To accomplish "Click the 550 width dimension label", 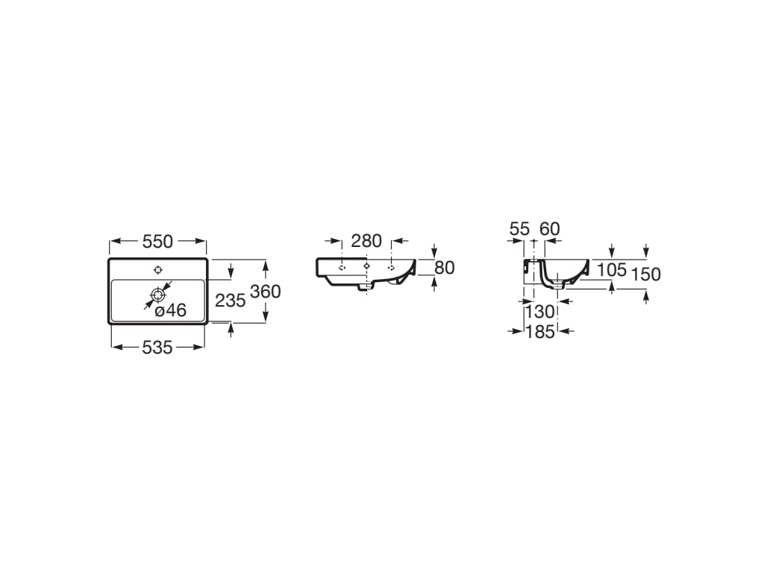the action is tap(157, 241).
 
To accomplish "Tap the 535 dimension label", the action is tap(157, 348).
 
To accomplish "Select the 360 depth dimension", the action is tap(266, 292).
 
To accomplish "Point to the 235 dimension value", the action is tap(231, 301).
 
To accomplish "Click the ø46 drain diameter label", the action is tap(171, 310).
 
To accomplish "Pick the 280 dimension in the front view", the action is tap(366, 241).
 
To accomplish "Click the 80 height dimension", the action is tap(445, 268).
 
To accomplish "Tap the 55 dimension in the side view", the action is tap(519, 228).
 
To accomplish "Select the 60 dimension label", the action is tap(550, 228).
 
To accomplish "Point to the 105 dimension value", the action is tap(612, 269).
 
